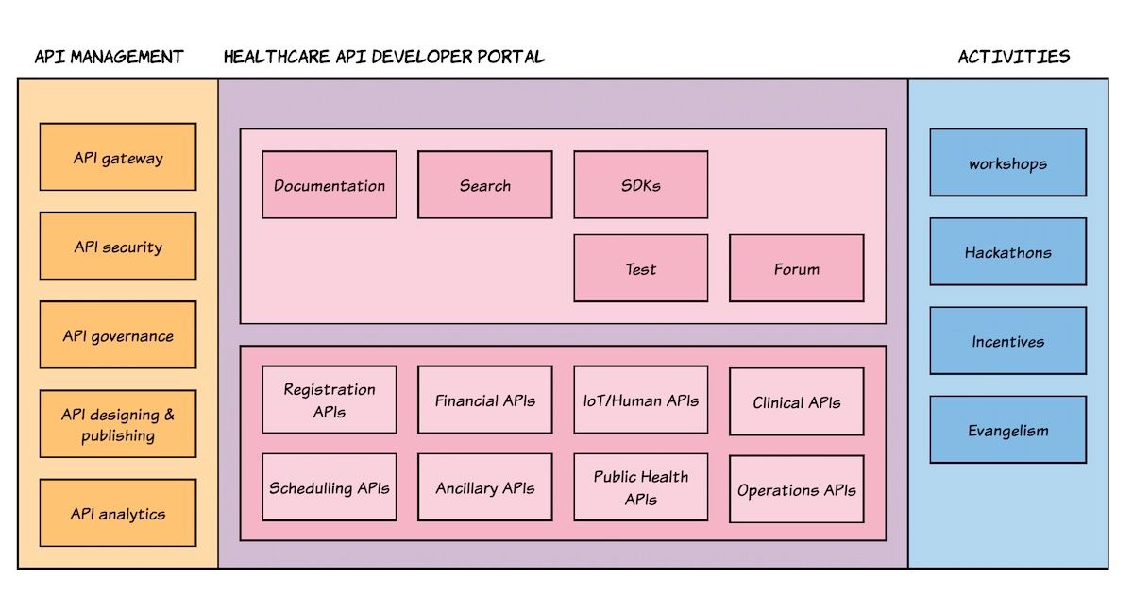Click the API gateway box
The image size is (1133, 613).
coord(118,157)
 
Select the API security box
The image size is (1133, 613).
coord(118,246)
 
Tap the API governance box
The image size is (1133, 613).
coord(118,334)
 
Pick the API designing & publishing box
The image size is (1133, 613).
coord(118,424)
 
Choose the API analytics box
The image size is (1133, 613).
coord(118,513)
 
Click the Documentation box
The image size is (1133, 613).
coord(330,185)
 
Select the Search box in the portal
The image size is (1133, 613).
coord(485,185)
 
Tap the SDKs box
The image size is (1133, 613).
coord(641,185)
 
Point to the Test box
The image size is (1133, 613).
coord(641,268)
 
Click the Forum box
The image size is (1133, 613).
coord(797,268)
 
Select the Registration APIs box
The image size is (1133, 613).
coord(330,400)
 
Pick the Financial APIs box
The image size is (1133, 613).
coord(485,400)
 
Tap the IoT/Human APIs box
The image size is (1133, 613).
coord(641,400)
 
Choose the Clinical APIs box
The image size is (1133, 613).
coord(797,401)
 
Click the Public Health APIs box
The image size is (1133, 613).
coord(641,487)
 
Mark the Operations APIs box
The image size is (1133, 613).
coord(797,489)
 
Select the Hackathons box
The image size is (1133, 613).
coord(1008,251)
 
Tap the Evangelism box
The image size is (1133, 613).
coord(1008,430)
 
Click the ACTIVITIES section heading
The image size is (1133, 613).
coord(1014,57)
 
